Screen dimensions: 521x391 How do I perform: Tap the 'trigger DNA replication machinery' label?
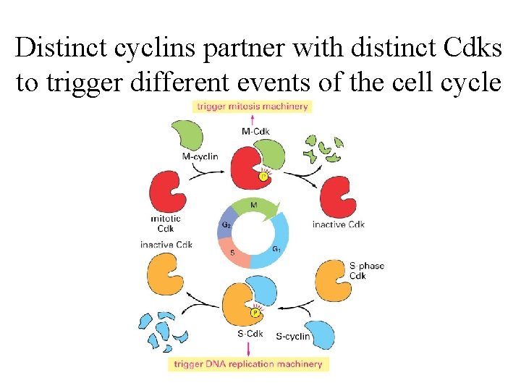[x=248, y=363]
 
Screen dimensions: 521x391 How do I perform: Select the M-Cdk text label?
[x=255, y=131]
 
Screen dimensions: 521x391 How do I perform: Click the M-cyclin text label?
[x=200, y=156]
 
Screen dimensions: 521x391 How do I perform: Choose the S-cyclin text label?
[x=293, y=336]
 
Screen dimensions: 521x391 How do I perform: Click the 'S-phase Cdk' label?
[x=366, y=271]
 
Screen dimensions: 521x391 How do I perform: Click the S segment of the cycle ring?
[x=233, y=253]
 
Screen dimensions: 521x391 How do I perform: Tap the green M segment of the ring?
[x=254, y=206]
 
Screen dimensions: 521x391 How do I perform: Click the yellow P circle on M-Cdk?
[x=263, y=176]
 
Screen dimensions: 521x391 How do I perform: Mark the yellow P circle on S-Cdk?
[x=255, y=314]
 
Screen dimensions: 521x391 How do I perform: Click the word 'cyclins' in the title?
[x=146, y=48]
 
